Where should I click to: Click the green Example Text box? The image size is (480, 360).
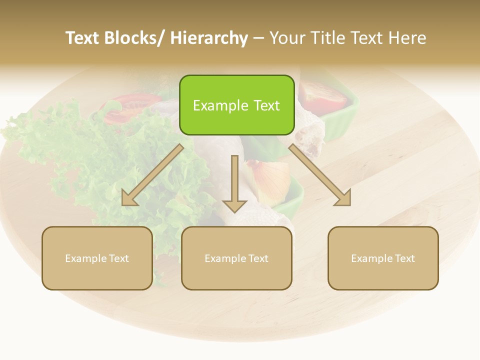pyautogui.click(x=236, y=105)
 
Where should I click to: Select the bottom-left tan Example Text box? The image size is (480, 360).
pyautogui.click(x=97, y=258)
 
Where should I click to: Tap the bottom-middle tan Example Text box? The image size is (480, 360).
pyautogui.click(x=236, y=258)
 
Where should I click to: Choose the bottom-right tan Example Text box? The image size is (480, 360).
pyautogui.click(x=383, y=258)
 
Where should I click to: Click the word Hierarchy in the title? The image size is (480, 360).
pyautogui.click(x=209, y=38)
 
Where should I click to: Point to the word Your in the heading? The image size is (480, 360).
pyautogui.click(x=288, y=38)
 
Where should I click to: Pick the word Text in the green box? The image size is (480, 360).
pyautogui.click(x=266, y=105)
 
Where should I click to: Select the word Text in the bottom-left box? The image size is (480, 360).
pyautogui.click(x=119, y=258)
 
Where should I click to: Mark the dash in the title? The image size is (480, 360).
pyautogui.click(x=258, y=38)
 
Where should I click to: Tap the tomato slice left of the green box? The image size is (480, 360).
pyautogui.click(x=125, y=107)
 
